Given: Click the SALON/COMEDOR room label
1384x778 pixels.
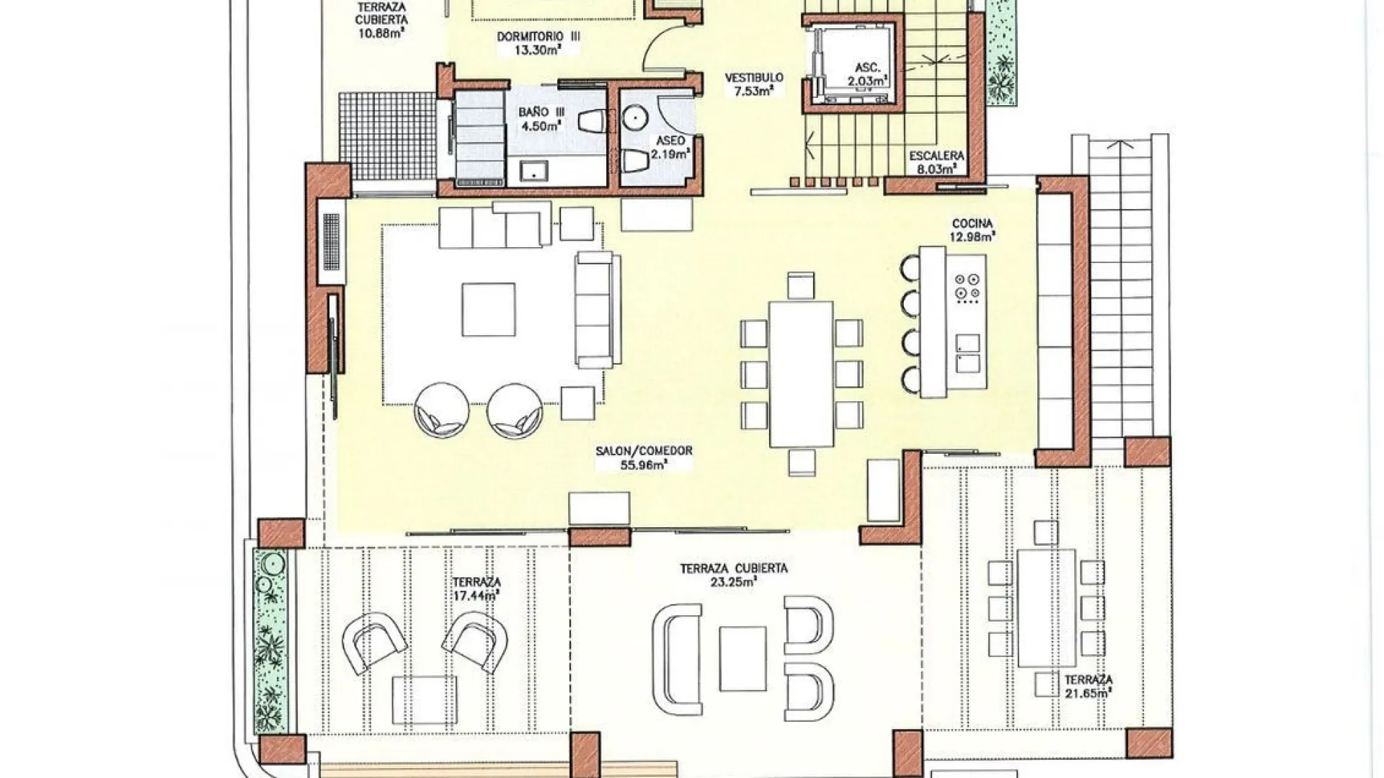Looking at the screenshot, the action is click(644, 451).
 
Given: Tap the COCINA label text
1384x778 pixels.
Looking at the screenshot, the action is click(972, 223).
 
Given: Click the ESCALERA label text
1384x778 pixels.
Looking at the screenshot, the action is click(936, 156).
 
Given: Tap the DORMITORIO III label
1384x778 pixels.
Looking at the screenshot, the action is click(538, 37).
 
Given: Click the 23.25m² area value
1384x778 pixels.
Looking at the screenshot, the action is click(733, 582).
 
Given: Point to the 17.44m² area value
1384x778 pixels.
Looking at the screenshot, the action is click(476, 596).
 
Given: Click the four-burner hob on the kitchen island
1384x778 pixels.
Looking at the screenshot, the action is click(967, 286).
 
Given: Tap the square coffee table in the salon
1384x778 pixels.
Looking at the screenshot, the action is click(489, 309).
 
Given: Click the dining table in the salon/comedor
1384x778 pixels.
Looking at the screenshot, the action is click(802, 374).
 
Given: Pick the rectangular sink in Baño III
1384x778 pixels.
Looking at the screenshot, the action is click(534, 171).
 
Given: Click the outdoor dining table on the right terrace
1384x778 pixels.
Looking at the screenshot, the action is click(1047, 609).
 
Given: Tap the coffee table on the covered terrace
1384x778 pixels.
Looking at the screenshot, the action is click(742, 658).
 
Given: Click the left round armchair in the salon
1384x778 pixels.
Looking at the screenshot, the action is click(441, 410).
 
